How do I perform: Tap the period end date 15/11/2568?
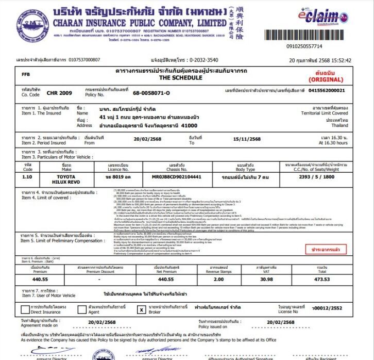pyautogui.click(x=247, y=139)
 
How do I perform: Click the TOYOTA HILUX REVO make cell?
pyautogui.click(x=66, y=179)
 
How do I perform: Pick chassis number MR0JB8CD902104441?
pyautogui.click(x=177, y=176)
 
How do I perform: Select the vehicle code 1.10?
pyautogui.click(x=28, y=176)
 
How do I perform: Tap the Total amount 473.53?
pyautogui.click(x=322, y=279)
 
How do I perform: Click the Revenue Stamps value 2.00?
pyautogui.click(x=218, y=279)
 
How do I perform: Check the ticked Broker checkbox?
pyautogui.click(x=141, y=310)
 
